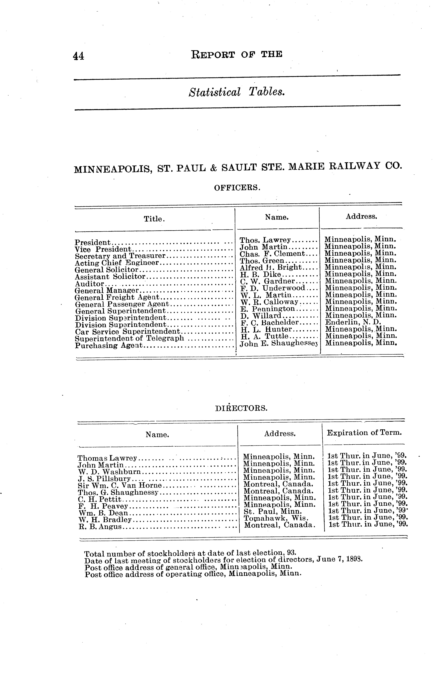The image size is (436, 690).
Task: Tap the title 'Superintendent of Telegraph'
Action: coord(129,338)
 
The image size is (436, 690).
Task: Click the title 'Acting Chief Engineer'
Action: coord(117,263)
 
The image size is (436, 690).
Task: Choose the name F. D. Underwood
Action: coord(272,288)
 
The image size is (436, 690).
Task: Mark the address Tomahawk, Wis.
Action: coord(276,518)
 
